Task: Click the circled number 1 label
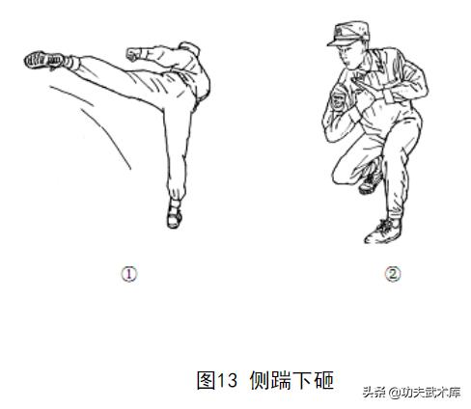(129, 274)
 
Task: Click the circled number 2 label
(393, 274)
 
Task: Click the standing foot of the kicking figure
(175, 217)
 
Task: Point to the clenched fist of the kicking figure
(134, 54)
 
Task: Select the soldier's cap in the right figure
(348, 34)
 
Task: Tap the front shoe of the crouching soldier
(383, 232)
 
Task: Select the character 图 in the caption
(206, 380)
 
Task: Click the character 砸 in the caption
(323, 380)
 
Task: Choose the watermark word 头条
(374, 393)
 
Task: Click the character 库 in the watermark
(455, 393)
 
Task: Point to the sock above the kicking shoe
(73, 63)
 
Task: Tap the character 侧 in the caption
(260, 380)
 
